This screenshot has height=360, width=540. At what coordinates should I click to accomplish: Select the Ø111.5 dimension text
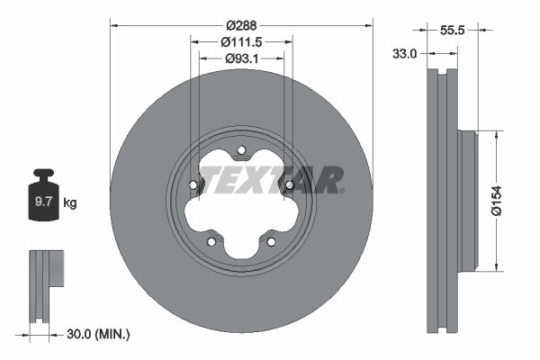pos(241,42)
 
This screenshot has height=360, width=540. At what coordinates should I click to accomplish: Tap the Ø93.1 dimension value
pos(241,59)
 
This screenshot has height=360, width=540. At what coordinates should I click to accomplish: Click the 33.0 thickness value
pos(407,54)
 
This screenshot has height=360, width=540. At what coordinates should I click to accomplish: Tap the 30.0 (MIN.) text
pos(98,334)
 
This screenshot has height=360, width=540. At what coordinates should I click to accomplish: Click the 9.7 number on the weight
pos(43,203)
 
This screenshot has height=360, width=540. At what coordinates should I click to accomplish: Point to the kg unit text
pos(69,203)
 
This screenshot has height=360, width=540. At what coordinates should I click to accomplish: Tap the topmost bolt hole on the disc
pos(240,150)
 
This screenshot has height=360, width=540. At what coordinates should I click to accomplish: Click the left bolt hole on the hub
pos(193,186)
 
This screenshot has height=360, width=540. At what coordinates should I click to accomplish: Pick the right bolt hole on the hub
pos(289,186)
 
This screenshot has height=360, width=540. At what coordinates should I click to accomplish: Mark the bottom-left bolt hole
pos(211,241)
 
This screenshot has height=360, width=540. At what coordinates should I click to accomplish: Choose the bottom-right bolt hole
pos(271,241)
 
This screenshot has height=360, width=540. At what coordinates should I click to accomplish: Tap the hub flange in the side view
pos(466,201)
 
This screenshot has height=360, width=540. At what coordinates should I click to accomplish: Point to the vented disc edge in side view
pos(441,201)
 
